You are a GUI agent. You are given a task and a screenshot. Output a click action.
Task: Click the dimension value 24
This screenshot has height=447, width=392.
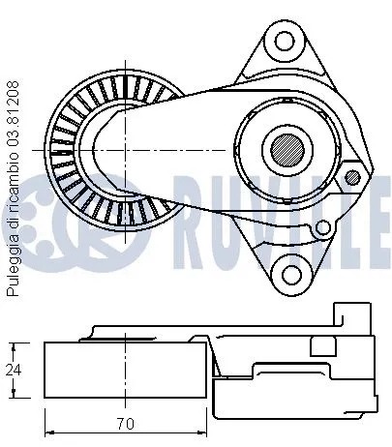pos(13,369)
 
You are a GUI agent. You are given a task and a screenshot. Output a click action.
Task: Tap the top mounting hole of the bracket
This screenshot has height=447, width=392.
pos(284,41)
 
